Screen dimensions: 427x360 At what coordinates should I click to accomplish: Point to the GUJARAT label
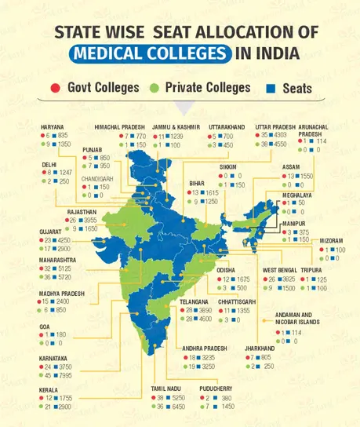[x=50, y=232]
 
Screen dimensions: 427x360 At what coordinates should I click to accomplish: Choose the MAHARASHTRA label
[x=58, y=259]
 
